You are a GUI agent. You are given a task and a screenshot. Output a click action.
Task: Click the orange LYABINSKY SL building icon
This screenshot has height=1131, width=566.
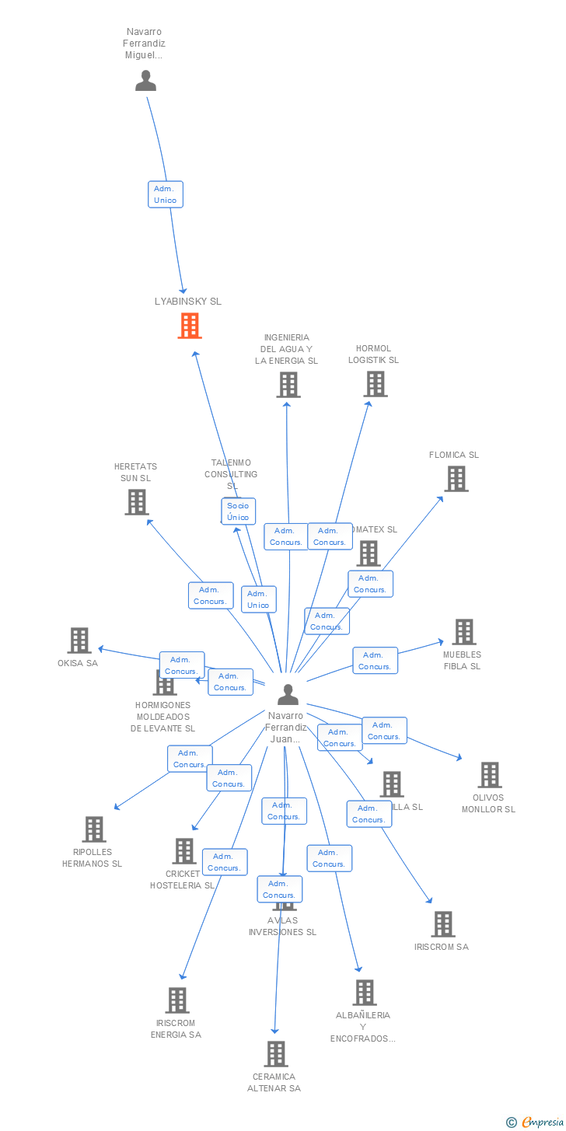coord(190,326)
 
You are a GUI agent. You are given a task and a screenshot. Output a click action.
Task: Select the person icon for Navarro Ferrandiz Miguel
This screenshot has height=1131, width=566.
coord(145,81)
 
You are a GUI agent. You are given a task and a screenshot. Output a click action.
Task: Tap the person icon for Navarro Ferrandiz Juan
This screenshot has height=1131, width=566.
coord(288,694)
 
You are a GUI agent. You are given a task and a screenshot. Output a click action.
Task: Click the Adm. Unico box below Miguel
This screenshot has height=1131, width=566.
coord(166,194)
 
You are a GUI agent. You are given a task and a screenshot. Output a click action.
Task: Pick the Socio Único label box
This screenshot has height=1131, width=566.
coord(238,511)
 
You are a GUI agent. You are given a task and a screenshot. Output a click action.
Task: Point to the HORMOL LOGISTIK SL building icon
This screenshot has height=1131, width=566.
coord(375,384)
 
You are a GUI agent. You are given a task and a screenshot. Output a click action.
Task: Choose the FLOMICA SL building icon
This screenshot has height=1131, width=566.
coord(456,479)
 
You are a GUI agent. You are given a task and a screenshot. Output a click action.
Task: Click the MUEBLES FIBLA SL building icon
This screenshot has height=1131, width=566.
coord(464,632)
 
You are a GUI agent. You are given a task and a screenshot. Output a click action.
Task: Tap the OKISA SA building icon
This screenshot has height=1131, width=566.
coord(79,641)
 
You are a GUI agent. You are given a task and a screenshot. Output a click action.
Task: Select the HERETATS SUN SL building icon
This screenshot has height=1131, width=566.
coord(137,502)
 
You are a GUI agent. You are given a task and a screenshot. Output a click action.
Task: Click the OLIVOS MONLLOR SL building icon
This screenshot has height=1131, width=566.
coord(489,775)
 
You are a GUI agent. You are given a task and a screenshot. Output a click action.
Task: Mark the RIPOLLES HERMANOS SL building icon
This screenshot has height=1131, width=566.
coord(94,829)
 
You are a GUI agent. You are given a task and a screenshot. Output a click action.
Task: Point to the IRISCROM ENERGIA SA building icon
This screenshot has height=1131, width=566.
coord(177,1000)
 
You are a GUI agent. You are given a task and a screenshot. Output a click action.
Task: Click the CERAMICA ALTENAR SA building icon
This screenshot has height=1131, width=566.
coord(275,1054)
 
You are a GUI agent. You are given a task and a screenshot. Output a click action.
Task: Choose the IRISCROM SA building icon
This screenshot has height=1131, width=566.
coord(443,924)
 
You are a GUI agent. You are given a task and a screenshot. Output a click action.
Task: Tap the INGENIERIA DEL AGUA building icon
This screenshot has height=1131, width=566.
coord(288,385)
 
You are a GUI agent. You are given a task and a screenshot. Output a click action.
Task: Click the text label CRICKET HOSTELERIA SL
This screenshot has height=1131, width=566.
coord(182,879)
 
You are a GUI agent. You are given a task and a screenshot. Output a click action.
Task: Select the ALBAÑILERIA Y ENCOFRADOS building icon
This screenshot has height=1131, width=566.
coord(364,993)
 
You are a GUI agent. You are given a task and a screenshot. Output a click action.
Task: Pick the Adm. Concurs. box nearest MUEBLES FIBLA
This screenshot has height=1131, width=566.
coord(375,661)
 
